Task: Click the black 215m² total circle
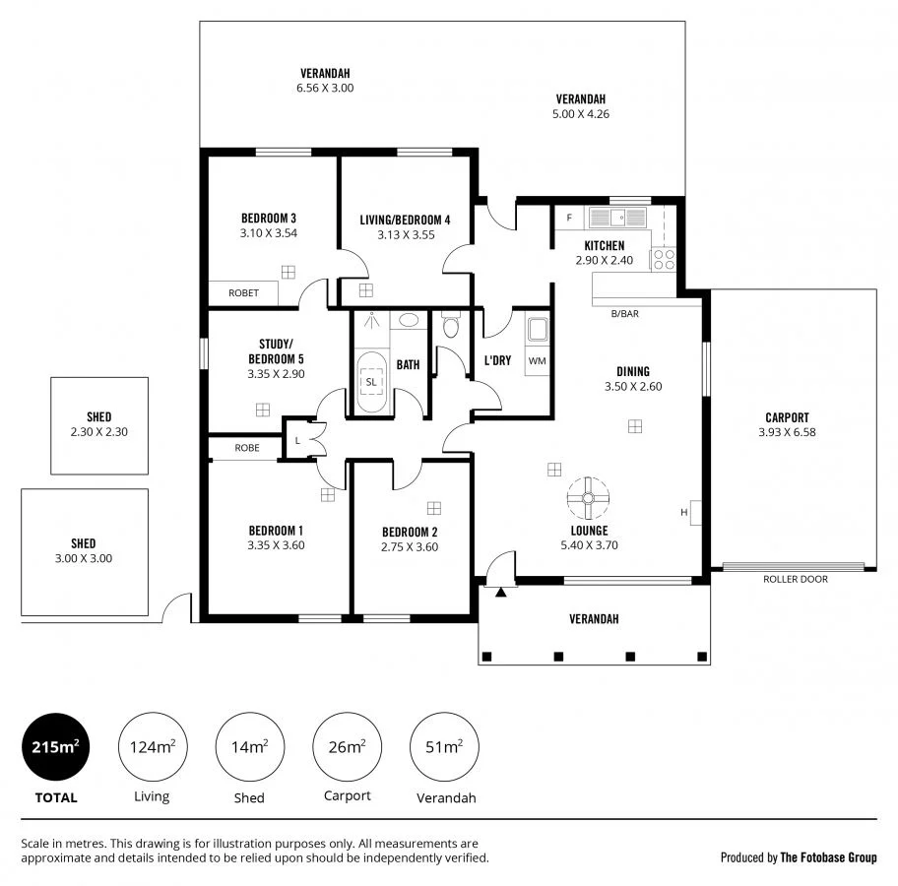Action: (55, 748)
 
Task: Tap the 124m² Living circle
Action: (152, 748)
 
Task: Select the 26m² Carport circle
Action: (347, 748)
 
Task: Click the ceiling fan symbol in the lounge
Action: (586, 498)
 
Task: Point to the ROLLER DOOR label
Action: (795, 580)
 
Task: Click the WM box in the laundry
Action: (537, 361)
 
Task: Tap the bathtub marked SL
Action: (371, 381)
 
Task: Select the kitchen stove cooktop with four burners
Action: (663, 259)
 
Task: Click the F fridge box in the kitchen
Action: (568, 218)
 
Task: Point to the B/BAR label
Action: (624, 314)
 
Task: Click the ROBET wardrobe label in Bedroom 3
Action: (243, 293)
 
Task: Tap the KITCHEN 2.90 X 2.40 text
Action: (604, 253)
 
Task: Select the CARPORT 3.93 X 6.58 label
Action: (787, 424)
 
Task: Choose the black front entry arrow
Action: (501, 592)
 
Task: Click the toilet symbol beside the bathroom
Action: (451, 326)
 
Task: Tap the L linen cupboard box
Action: (297, 439)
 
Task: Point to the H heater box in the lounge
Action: (694, 512)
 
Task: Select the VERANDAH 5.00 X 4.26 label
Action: (580, 106)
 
